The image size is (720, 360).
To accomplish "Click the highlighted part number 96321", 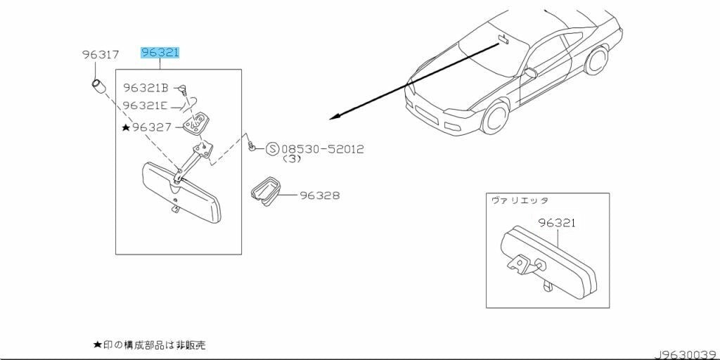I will coord(160,53).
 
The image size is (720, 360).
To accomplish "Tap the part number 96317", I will coord(100,54).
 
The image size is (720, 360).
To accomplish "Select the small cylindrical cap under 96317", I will coord(98,88).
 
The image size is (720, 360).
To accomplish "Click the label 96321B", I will coord(146,88).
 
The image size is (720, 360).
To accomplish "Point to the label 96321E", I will coord(145,105).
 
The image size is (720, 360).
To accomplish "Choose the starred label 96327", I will coord(152,127).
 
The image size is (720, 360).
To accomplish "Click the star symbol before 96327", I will coord(126,127).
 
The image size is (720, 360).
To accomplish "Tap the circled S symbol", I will coord(272,149).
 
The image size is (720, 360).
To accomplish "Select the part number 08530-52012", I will coord(322,149).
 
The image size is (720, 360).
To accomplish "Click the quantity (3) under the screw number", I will coord(292,160).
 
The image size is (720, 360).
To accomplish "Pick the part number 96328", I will coord(320,195).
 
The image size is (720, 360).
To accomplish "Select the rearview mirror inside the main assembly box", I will coord(181,192).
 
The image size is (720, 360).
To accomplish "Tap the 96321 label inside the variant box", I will coord(557,223).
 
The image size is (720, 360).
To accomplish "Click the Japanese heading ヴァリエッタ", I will coord(520,201).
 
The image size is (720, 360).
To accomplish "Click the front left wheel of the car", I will coord(496,117).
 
